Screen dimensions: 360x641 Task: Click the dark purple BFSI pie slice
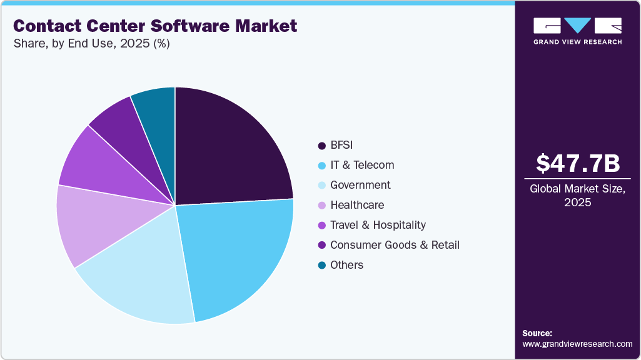coord(231,150)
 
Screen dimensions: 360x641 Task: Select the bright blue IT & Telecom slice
coord(241,256)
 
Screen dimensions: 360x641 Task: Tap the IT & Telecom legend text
coord(362,165)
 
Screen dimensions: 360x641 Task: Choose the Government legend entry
coord(360,185)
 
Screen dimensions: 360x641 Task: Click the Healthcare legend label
coord(357,205)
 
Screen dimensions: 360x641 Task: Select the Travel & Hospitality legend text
coord(378,225)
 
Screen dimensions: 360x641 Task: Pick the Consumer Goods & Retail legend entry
coord(395,245)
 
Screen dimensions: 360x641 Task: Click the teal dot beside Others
coord(321,265)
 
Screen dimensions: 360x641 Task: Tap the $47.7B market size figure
coord(577,163)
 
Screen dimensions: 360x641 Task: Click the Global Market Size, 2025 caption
coord(577,196)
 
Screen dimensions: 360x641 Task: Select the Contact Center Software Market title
coord(155,26)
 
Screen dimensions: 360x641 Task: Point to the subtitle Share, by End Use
coord(91,44)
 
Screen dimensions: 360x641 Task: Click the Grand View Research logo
coord(577,31)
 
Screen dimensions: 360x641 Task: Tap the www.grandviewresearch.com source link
coord(577,344)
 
